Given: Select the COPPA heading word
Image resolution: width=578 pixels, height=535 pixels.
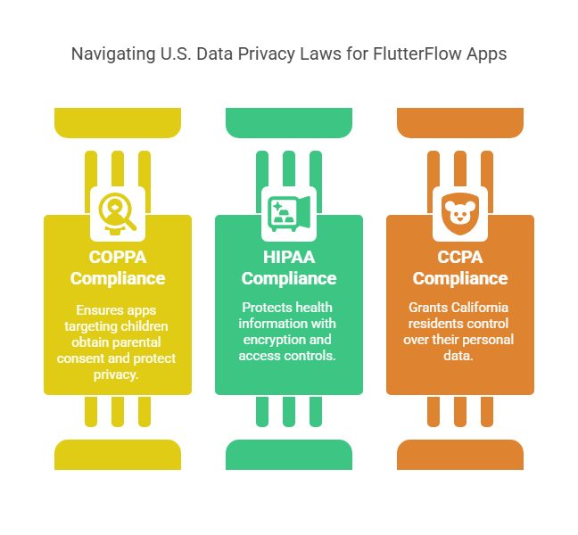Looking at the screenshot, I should (117, 258).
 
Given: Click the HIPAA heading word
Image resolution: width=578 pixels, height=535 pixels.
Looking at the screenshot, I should (288, 258).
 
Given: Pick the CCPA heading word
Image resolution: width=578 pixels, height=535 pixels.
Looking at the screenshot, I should (459, 258).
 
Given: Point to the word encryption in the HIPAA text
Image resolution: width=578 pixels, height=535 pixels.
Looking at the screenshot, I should (272, 340).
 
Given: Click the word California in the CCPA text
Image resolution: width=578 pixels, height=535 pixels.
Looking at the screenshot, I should (473, 308).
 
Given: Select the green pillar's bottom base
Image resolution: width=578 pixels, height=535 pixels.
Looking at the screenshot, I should (288, 454).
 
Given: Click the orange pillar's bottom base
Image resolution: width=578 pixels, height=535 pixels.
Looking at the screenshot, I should (459, 454).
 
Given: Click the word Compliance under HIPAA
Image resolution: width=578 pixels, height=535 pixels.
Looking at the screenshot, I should (288, 278).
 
